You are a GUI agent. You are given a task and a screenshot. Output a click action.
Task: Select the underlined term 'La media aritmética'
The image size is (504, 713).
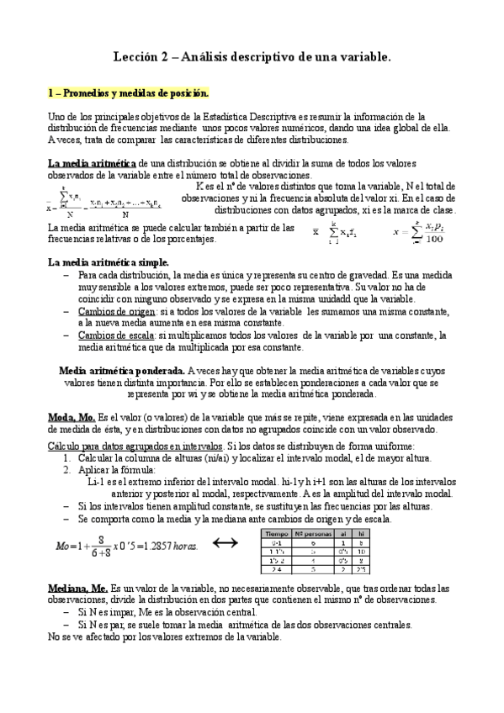pos(92,163)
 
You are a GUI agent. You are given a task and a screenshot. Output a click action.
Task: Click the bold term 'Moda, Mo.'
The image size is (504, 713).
pos(72,418)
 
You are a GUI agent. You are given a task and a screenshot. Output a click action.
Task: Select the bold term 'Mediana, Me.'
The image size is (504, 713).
pos(77,589)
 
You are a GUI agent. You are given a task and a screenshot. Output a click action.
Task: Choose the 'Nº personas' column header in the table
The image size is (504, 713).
pos(313,532)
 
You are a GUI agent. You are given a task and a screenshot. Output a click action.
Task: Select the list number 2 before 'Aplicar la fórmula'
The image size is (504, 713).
pos(66,470)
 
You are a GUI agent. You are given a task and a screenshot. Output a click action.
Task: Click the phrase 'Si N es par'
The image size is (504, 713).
pos(103,625)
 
